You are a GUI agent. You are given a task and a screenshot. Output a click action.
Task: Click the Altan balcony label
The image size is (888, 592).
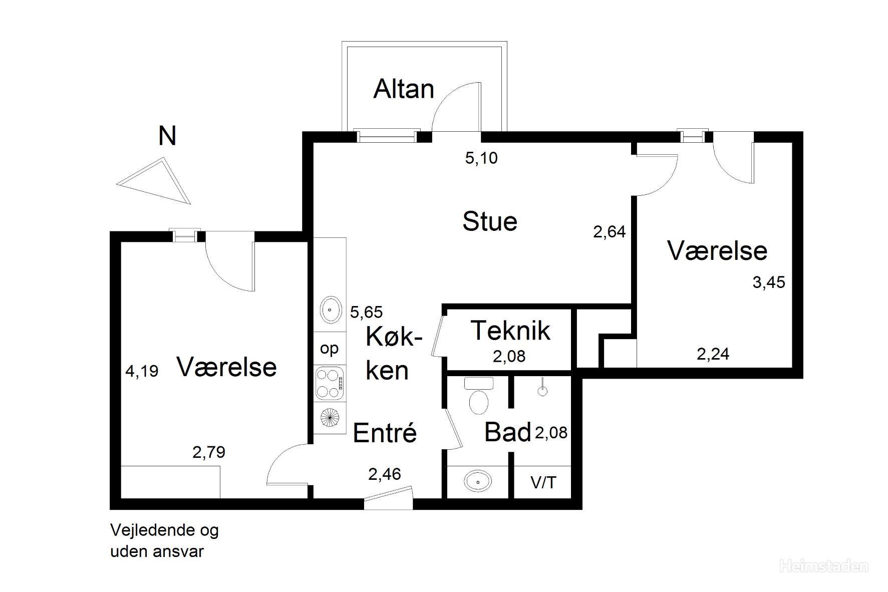pos(404,89)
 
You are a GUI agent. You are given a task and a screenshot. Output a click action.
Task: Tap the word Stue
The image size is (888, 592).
pos(490,221)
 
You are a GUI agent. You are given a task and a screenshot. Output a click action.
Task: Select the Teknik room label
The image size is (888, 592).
pos(511,331)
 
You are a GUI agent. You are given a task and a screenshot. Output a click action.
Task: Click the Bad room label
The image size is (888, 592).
pos(507,432)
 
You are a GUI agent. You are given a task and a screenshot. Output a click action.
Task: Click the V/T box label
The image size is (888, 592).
pos(543,482)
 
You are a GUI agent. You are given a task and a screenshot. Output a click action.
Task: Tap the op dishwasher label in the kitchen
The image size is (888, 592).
pos(330,349)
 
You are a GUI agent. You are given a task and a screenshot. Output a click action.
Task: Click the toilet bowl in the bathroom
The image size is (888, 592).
pos(479,402)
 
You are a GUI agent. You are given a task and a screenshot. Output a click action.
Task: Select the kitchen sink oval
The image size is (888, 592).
pos(331,310)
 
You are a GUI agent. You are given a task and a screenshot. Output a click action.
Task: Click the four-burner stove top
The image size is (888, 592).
pos(330,384)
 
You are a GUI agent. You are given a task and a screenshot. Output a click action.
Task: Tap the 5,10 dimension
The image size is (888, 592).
pos(481,158)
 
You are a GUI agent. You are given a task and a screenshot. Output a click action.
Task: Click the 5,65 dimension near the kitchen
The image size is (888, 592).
pos(366,313)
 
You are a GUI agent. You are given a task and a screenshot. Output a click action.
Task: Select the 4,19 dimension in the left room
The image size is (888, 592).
pos(142,371)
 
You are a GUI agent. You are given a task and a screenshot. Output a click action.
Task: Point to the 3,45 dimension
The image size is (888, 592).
pos(769,282)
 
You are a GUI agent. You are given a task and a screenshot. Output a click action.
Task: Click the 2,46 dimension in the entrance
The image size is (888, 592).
pos(385,474)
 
